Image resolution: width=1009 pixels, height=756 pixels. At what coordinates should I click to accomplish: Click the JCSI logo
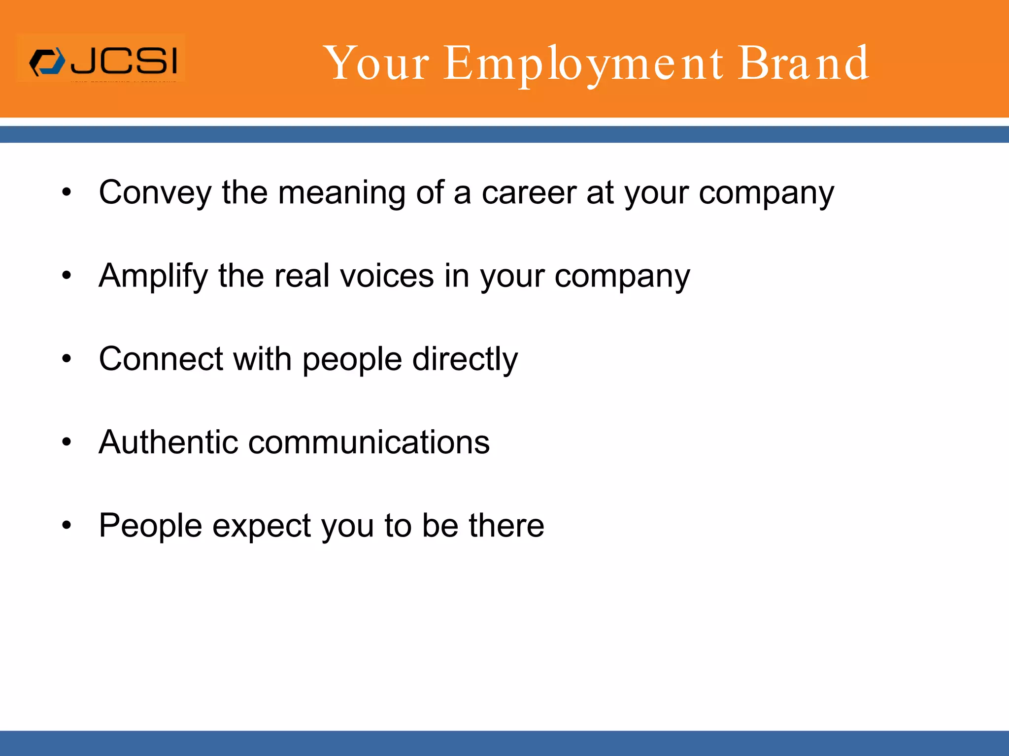tap(101, 61)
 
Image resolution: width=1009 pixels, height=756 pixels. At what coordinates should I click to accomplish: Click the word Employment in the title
tap(584, 64)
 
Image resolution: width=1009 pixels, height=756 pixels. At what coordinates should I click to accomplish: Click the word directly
tap(465, 360)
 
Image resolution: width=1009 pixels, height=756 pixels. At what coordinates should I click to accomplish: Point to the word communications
tap(369, 442)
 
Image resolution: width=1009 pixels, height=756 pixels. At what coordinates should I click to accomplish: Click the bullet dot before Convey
tap(67, 192)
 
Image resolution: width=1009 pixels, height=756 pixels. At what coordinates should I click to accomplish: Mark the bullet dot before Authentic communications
tap(67, 442)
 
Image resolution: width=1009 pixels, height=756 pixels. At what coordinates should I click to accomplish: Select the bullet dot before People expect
tap(67, 526)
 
